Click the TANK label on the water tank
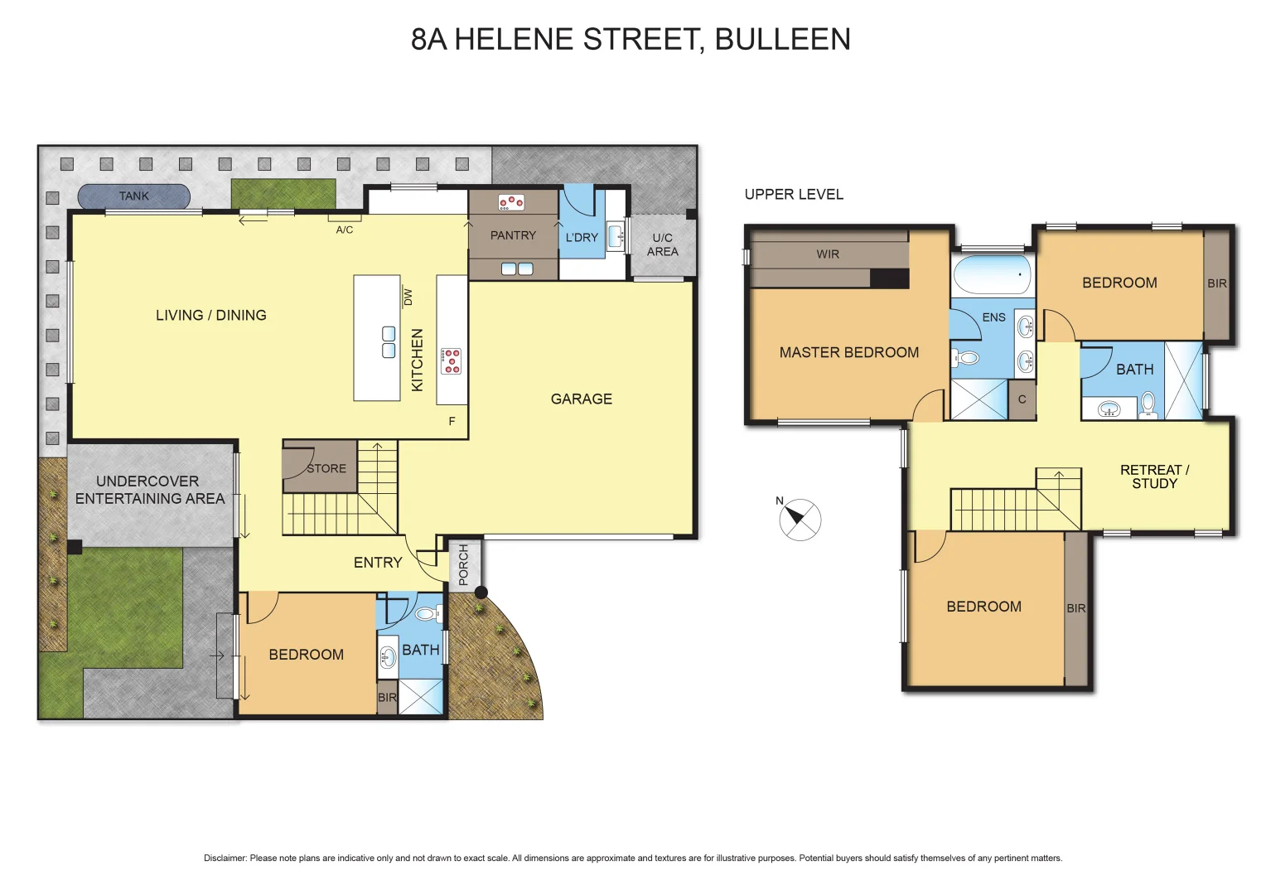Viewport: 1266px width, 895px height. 133,196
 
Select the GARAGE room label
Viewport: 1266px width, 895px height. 581,399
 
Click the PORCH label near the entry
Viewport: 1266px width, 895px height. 463,564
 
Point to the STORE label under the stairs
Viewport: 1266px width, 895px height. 326,468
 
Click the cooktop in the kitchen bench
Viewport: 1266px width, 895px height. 452,361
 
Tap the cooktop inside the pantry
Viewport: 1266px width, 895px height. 510,202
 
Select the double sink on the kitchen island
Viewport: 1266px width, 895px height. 389,342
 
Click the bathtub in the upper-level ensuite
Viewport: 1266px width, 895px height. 992,274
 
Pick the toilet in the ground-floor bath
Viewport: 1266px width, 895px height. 427,614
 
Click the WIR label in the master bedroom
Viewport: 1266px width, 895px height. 828,254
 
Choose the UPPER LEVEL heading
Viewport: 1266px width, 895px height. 794,194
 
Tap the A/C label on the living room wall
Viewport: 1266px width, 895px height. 345,230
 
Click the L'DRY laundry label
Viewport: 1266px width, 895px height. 582,237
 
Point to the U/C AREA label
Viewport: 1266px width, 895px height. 662,244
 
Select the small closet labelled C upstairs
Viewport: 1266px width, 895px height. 1022,399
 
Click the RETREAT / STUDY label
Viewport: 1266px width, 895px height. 1154,477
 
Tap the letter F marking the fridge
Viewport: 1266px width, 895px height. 452,421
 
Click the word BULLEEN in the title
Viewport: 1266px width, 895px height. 782,39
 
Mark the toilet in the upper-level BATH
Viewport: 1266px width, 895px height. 1148,404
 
